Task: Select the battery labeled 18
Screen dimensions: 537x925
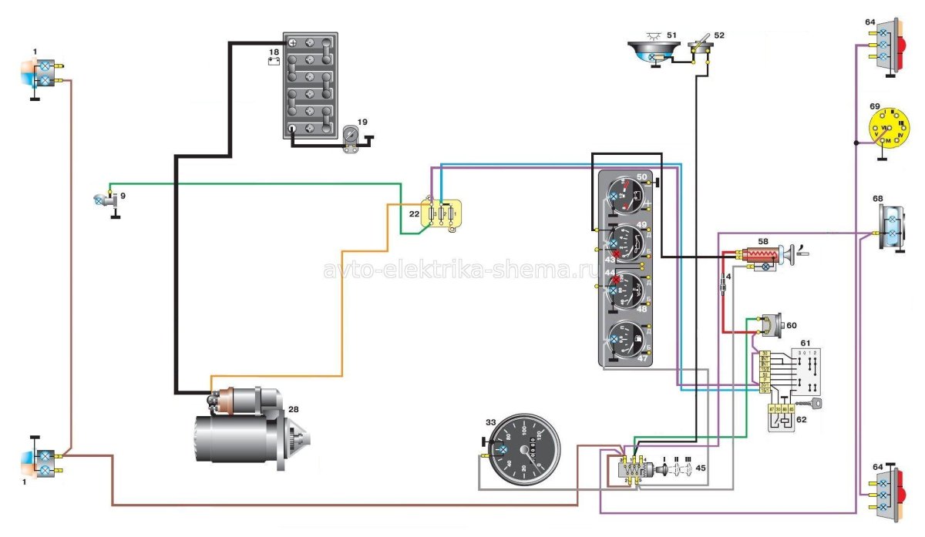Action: coord(310,85)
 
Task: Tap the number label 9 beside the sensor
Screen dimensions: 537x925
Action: coord(122,196)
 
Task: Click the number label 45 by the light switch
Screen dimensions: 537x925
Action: coord(699,467)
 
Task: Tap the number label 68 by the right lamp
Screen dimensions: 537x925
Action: coord(877,200)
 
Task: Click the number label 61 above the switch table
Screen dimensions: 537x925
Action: coord(805,342)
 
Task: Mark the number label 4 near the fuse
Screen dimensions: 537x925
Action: coord(728,277)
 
